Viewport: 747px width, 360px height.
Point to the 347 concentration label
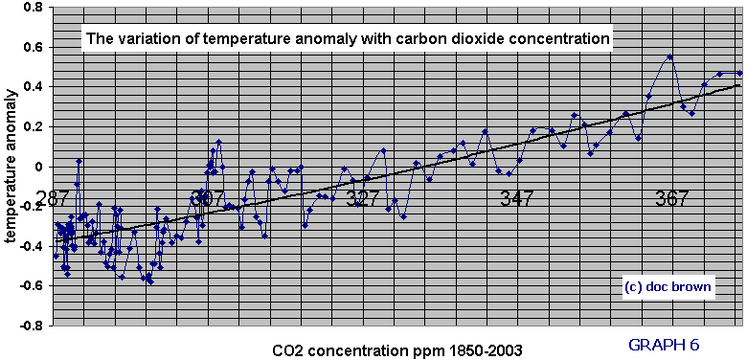click(517, 197)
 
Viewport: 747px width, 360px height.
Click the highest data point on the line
click(669, 56)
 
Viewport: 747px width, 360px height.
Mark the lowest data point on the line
click(151, 281)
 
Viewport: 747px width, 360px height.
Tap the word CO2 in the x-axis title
click(285, 350)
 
